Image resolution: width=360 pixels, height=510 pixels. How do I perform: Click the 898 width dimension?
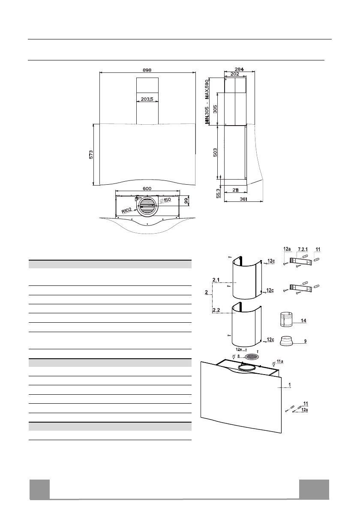[147, 70]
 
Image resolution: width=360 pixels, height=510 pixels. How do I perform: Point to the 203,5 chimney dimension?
[147, 99]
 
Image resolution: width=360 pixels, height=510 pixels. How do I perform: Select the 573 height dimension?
[91, 154]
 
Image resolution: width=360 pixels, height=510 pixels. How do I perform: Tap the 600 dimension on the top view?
[147, 189]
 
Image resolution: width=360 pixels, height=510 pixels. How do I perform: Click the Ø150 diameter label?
[165, 201]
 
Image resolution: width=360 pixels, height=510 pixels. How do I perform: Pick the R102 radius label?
[127, 211]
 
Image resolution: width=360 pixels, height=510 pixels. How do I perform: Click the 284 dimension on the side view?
[239, 69]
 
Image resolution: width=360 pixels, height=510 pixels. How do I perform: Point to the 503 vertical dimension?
[215, 153]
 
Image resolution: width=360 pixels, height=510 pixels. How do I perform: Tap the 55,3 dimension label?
[219, 192]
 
